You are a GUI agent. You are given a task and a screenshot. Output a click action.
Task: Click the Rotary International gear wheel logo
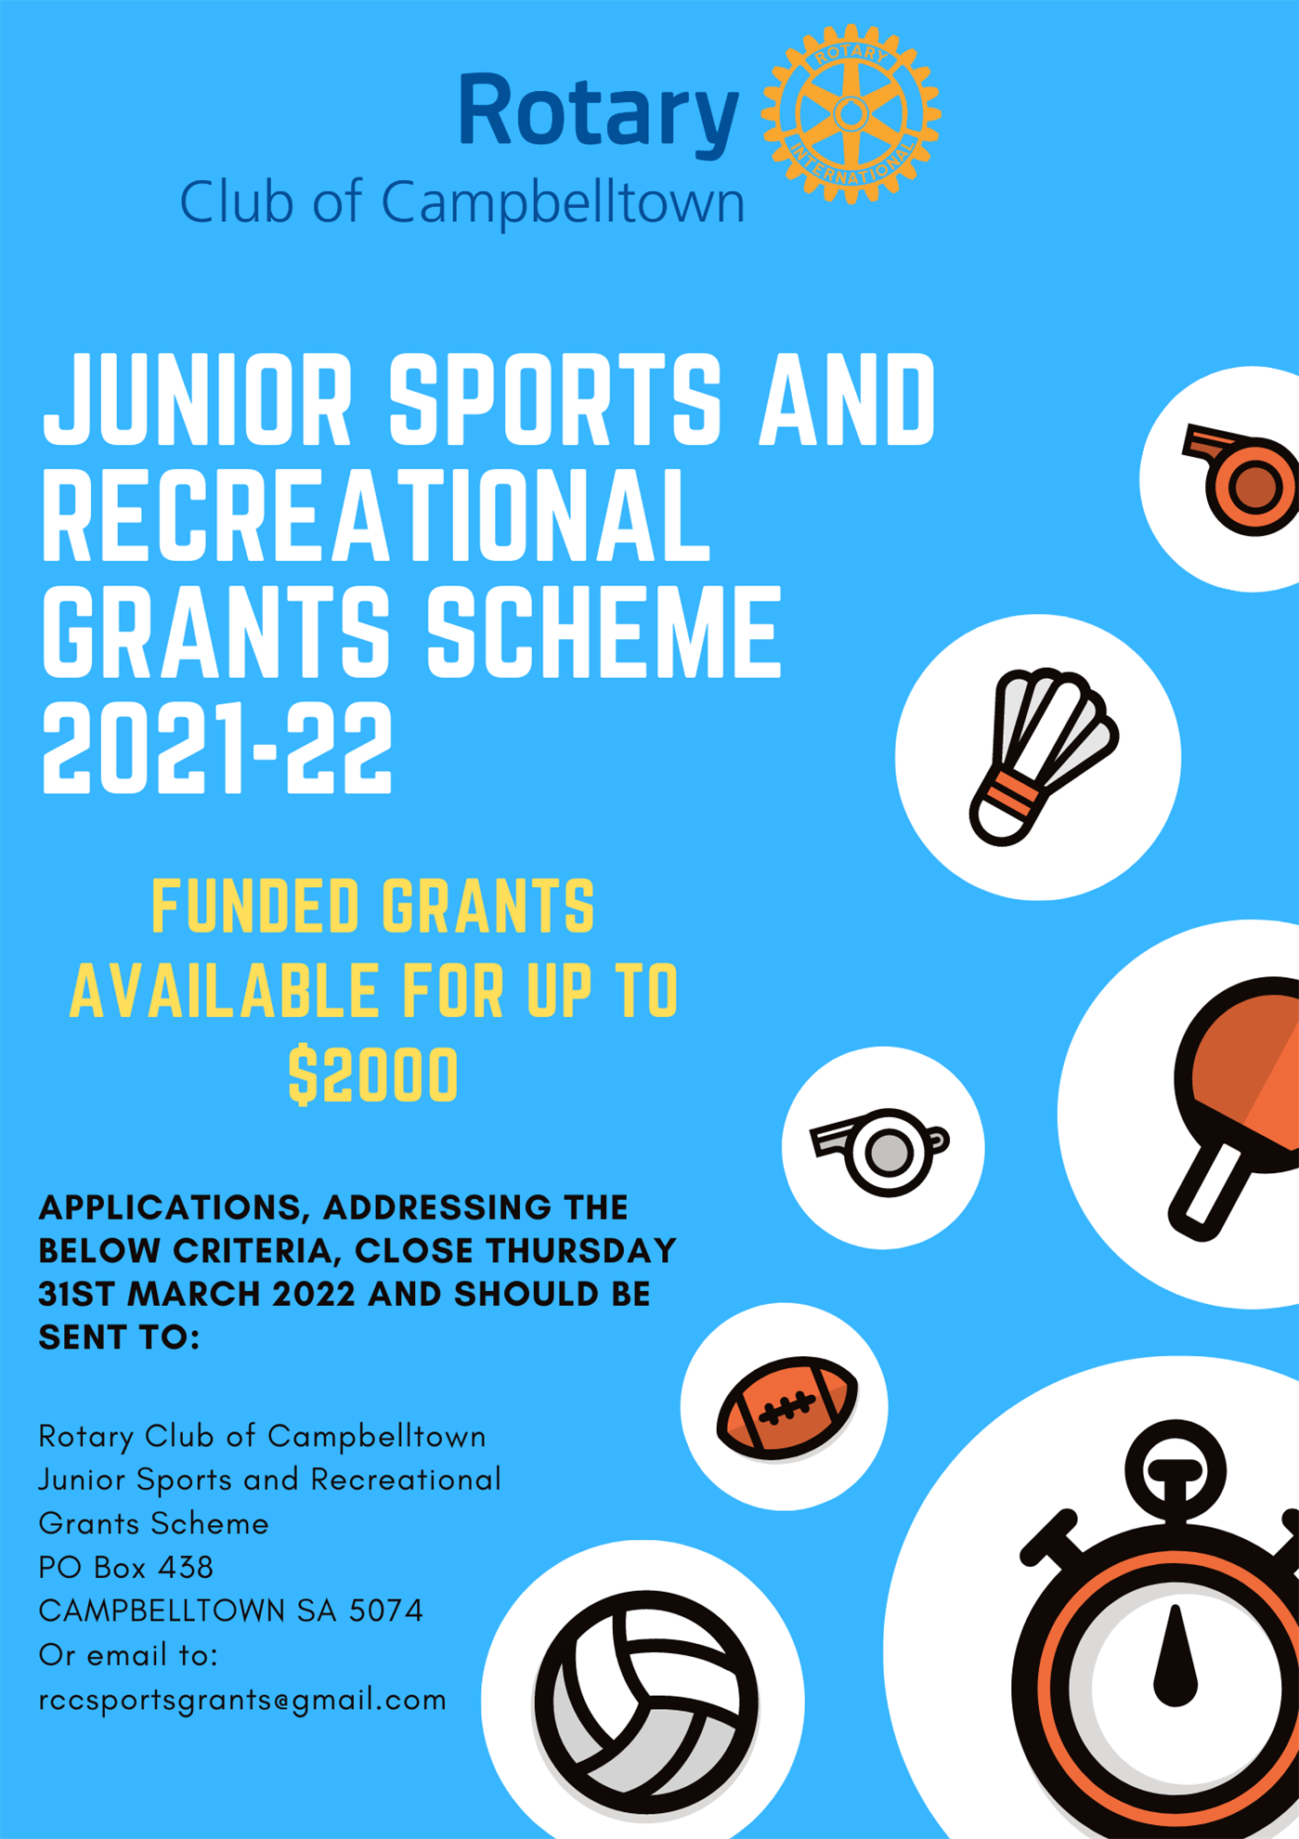tap(851, 114)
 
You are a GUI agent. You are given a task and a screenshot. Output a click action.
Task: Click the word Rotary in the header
tap(599, 112)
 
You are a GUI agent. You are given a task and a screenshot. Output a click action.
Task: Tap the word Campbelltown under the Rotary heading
tap(563, 202)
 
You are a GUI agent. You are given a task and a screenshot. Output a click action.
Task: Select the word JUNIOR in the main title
tap(198, 400)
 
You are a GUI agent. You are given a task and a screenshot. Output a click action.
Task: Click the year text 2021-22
tap(217, 748)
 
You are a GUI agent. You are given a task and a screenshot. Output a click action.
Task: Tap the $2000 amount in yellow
tap(373, 1075)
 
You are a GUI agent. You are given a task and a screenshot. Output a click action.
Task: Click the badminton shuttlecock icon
tap(1043, 756)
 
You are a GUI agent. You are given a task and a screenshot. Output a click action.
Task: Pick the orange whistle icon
tap(1241, 479)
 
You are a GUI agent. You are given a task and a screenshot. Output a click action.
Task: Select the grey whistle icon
tap(880, 1151)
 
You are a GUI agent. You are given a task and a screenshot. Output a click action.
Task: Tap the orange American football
tap(787, 1408)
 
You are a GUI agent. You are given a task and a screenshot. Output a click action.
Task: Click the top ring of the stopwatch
tap(1176, 1472)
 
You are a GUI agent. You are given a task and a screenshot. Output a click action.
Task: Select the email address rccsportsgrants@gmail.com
tap(242, 1700)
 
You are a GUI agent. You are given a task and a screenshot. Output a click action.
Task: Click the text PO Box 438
tap(126, 1568)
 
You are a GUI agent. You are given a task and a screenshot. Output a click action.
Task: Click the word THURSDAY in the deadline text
tap(581, 1250)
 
